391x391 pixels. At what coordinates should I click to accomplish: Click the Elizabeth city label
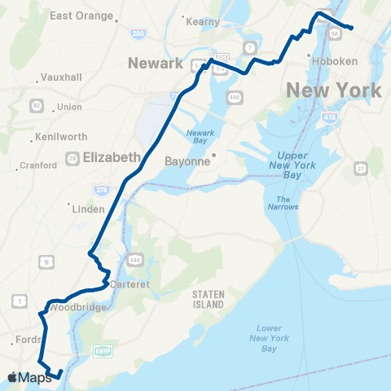coord(112,158)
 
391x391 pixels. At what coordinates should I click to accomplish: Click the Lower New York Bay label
coord(263,338)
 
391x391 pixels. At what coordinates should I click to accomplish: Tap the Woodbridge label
coord(73,308)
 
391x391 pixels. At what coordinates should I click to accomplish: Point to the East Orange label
coord(78,15)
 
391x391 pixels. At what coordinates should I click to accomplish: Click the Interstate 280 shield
coord(138,33)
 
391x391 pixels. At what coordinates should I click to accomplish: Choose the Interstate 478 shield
coord(330,119)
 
